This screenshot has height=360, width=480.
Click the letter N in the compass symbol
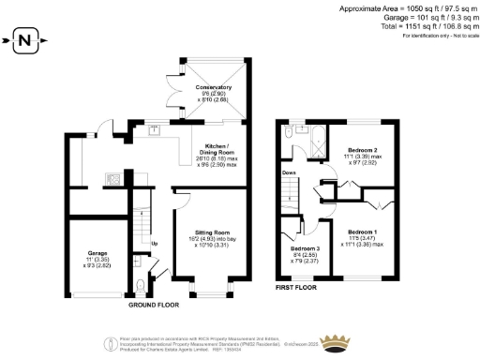(26, 40)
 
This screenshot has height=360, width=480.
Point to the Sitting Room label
(212, 231)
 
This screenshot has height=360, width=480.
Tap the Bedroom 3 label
(305, 247)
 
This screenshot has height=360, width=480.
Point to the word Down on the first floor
(289, 172)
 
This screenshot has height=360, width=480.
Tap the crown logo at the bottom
(335, 340)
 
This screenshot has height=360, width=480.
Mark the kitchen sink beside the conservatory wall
(152, 130)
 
